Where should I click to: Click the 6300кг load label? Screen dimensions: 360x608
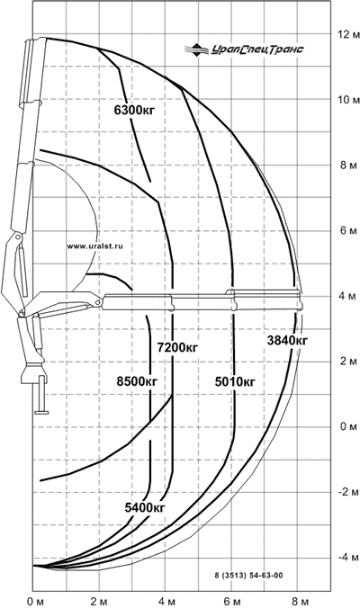point(134,111)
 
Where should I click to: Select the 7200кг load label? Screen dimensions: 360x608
point(177,347)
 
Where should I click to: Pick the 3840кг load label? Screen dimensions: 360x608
point(287,341)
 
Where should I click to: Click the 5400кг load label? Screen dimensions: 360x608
point(145,507)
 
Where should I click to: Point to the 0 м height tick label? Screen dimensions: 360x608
point(348,427)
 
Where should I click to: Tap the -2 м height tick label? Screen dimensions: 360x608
point(348,492)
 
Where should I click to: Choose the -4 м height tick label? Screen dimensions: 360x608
point(348,558)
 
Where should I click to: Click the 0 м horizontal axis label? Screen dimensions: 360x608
point(36,602)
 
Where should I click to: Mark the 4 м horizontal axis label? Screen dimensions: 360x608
point(167,602)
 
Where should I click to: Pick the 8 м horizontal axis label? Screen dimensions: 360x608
point(300,602)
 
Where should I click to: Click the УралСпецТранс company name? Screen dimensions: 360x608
point(257,49)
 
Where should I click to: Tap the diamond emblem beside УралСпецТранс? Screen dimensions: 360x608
point(197,50)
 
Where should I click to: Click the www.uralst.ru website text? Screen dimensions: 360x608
point(95,246)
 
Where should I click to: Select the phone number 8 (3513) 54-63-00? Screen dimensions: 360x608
point(248,576)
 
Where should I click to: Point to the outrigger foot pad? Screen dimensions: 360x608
point(41,412)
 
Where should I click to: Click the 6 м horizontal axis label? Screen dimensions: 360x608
point(233,602)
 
